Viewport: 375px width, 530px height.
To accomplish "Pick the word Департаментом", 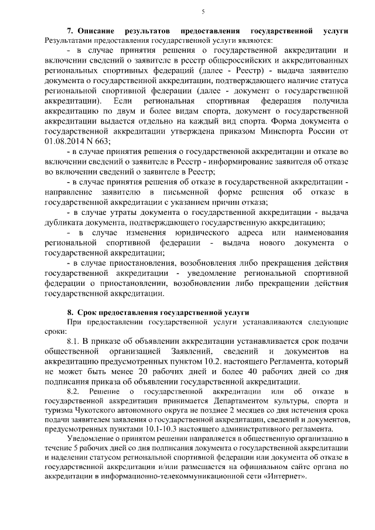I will point(242,401).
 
